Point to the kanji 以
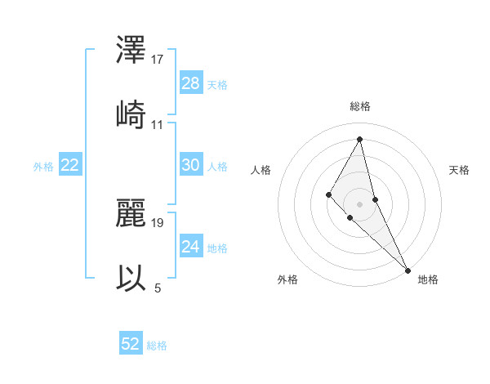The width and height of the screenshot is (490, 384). [x=131, y=276]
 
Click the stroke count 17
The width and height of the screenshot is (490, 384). [x=158, y=60]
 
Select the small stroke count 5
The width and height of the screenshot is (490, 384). [x=158, y=288]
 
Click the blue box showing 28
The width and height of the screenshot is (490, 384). [x=191, y=83]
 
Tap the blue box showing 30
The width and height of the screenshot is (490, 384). [x=191, y=165]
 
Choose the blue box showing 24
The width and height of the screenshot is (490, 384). [x=191, y=247]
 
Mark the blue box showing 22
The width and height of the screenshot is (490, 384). [x=70, y=165]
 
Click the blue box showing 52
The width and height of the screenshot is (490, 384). [x=131, y=344]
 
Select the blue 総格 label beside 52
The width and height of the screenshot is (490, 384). [x=157, y=346]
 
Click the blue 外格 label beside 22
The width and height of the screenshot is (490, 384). [x=43, y=167]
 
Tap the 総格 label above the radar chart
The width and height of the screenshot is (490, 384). [x=360, y=106]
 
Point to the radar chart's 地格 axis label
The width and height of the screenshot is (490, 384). [x=428, y=279]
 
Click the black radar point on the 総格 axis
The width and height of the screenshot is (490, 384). [x=360, y=139]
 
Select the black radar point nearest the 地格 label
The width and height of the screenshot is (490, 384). [x=408, y=270]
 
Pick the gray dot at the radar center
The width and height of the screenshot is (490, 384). [x=359, y=203]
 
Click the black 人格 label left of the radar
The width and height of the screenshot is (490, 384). [x=261, y=170]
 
